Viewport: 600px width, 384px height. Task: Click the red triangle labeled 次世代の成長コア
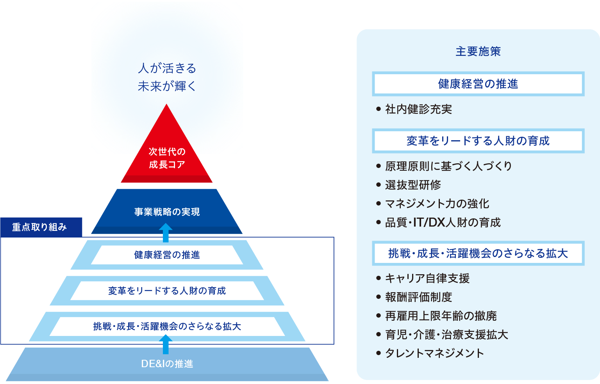pos(167,158)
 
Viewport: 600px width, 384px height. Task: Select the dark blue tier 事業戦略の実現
pos(167,211)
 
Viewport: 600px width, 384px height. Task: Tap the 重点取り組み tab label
pos(39,227)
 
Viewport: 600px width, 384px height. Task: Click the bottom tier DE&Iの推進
pos(167,364)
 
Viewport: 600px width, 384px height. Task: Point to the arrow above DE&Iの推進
pos(166,344)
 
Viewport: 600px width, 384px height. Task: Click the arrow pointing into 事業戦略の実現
pos(166,232)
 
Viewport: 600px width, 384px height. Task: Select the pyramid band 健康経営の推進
pos(167,255)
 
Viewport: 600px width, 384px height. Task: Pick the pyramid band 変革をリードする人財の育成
pos(167,291)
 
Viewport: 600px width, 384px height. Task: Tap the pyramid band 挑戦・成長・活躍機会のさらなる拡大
pos(167,326)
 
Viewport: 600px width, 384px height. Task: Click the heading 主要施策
pos(478,51)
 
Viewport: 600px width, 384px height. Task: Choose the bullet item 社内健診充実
pos(418,109)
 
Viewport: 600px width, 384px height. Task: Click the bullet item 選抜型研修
pos(413,185)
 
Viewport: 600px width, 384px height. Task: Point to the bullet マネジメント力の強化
pos(437,204)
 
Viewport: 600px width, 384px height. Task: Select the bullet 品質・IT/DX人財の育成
pos(443,222)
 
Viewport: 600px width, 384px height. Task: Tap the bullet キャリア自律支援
pos(427,278)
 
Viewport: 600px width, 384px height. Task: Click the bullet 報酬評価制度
pos(418,297)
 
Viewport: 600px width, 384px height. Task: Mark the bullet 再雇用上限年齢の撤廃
pos(441,316)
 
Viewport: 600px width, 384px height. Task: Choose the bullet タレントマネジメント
pos(434,353)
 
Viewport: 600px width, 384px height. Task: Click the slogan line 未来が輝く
pos(167,86)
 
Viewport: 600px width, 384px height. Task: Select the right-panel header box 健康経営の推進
pos(478,84)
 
